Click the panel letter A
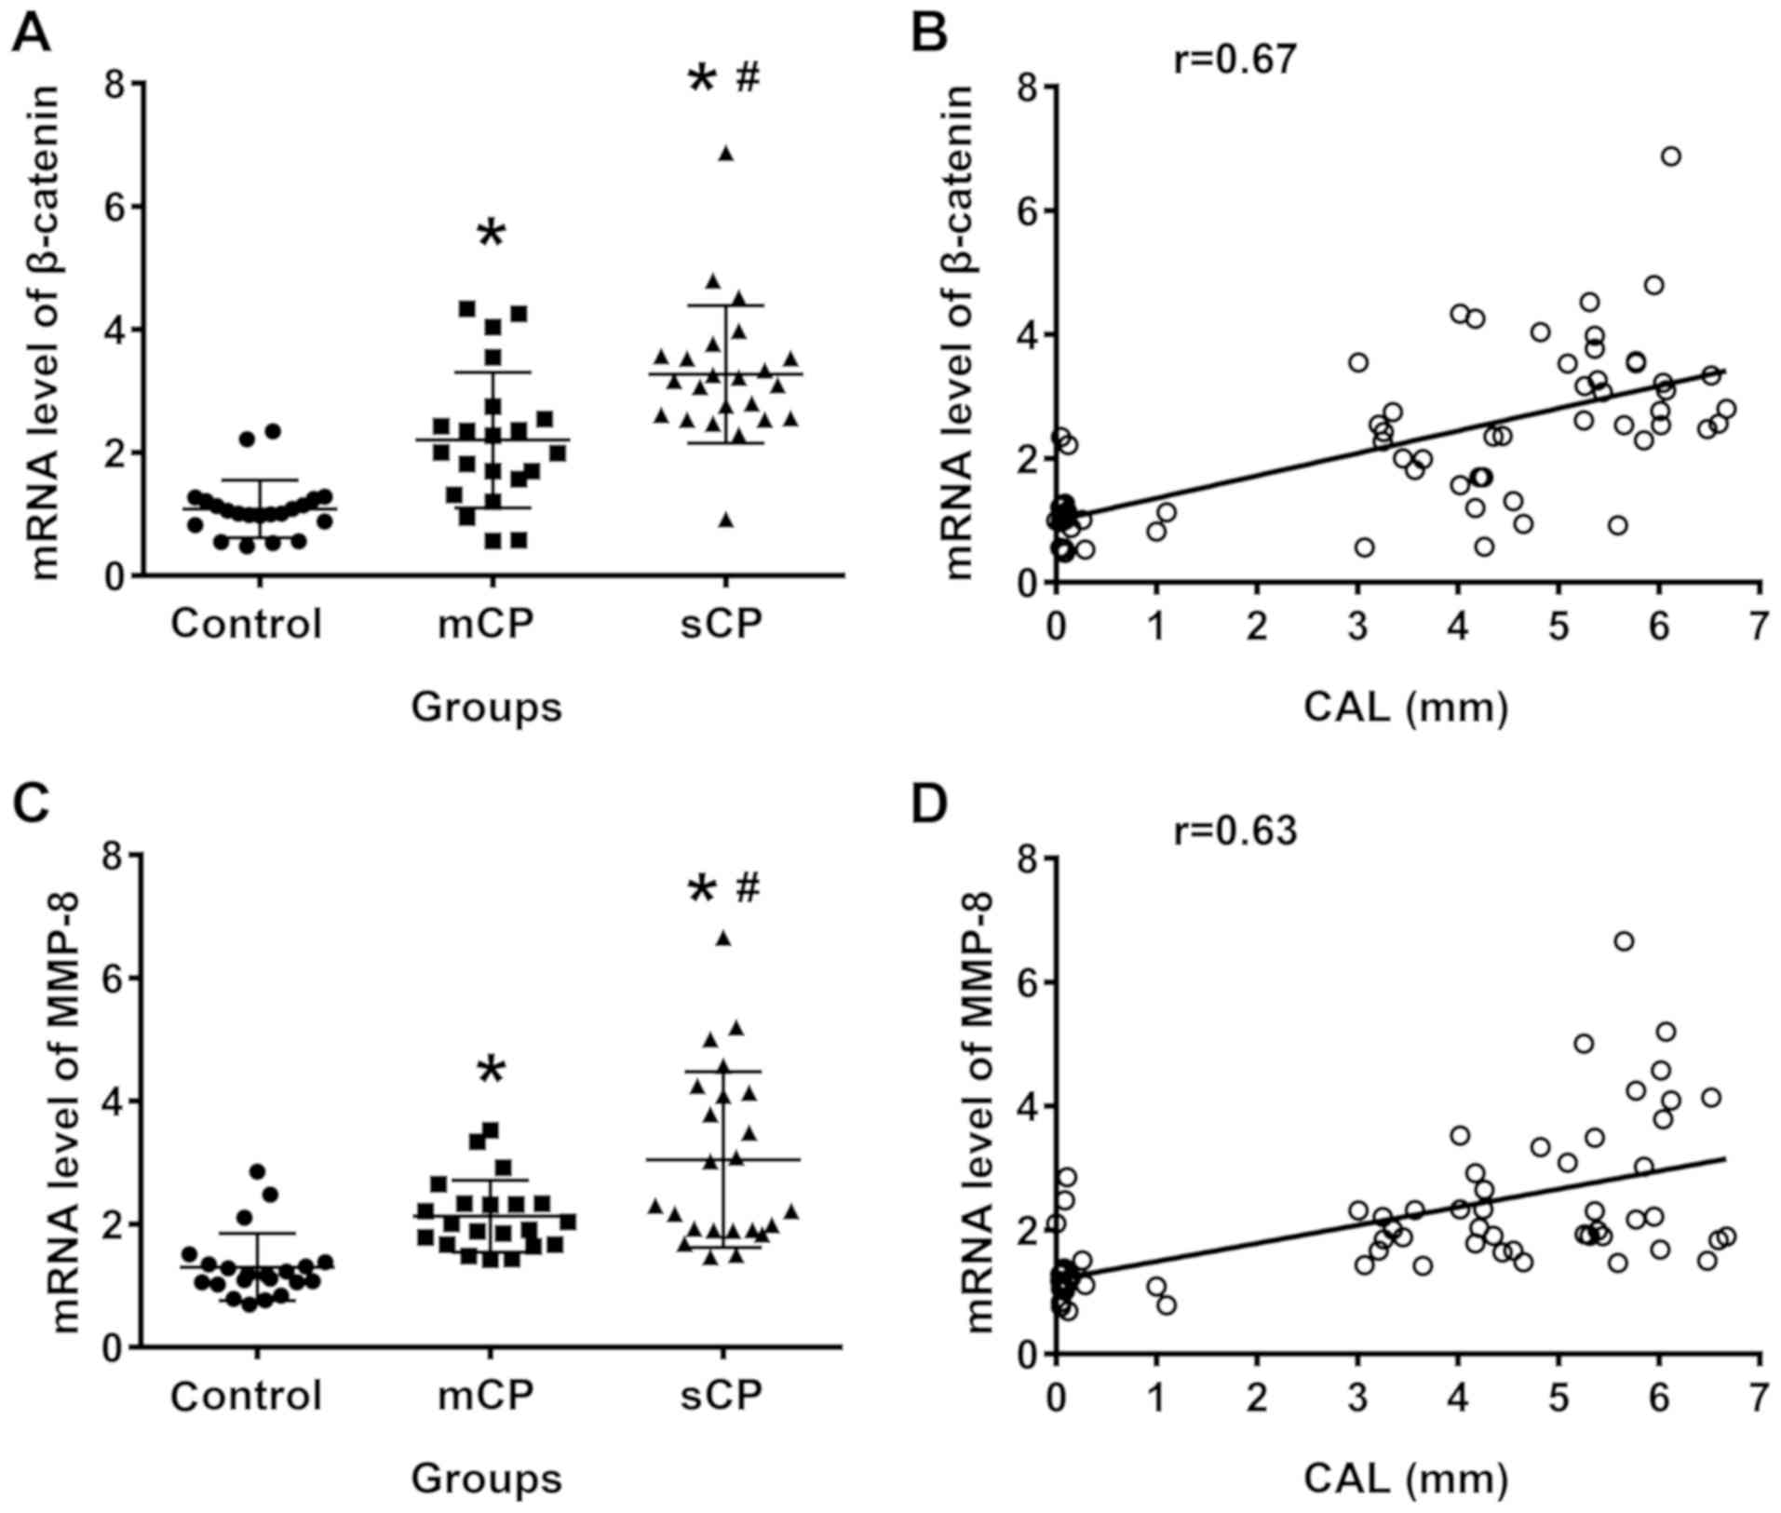click(30, 35)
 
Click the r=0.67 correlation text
click(1235, 61)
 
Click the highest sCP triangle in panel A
click(726, 154)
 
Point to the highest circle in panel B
click(1671, 156)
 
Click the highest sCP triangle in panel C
click(723, 939)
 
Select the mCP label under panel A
click(486, 624)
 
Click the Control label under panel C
click(246, 1395)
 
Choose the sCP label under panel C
click(722, 1395)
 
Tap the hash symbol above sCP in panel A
click(748, 79)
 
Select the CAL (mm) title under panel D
click(1405, 1479)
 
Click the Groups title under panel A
click(486, 708)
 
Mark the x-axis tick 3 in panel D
click(1357, 1397)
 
